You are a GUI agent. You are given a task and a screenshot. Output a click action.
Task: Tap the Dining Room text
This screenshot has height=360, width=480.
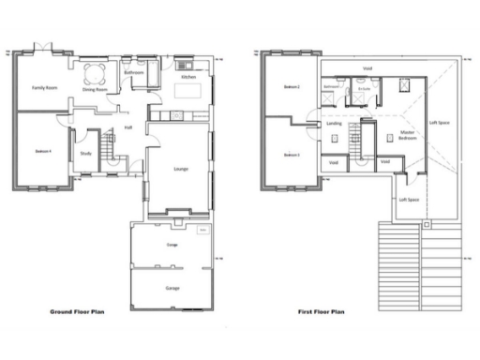(95, 90)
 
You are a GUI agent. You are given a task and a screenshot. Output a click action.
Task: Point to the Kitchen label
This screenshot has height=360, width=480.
(187, 77)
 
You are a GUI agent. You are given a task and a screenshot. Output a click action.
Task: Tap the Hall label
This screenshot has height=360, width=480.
(127, 127)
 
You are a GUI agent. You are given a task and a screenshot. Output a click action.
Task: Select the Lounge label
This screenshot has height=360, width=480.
(183, 169)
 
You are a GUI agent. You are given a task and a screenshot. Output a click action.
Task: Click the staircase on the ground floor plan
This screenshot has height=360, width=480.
(109, 147)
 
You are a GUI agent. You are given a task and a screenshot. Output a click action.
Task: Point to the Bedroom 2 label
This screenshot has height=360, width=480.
(292, 88)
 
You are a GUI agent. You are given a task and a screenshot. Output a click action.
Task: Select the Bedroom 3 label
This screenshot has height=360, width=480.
(292, 154)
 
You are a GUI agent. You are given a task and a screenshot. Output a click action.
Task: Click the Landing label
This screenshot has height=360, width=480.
(334, 124)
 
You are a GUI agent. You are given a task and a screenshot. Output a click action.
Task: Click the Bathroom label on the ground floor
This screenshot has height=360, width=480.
(134, 72)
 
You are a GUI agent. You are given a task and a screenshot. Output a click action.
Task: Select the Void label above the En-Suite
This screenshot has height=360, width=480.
(367, 67)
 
